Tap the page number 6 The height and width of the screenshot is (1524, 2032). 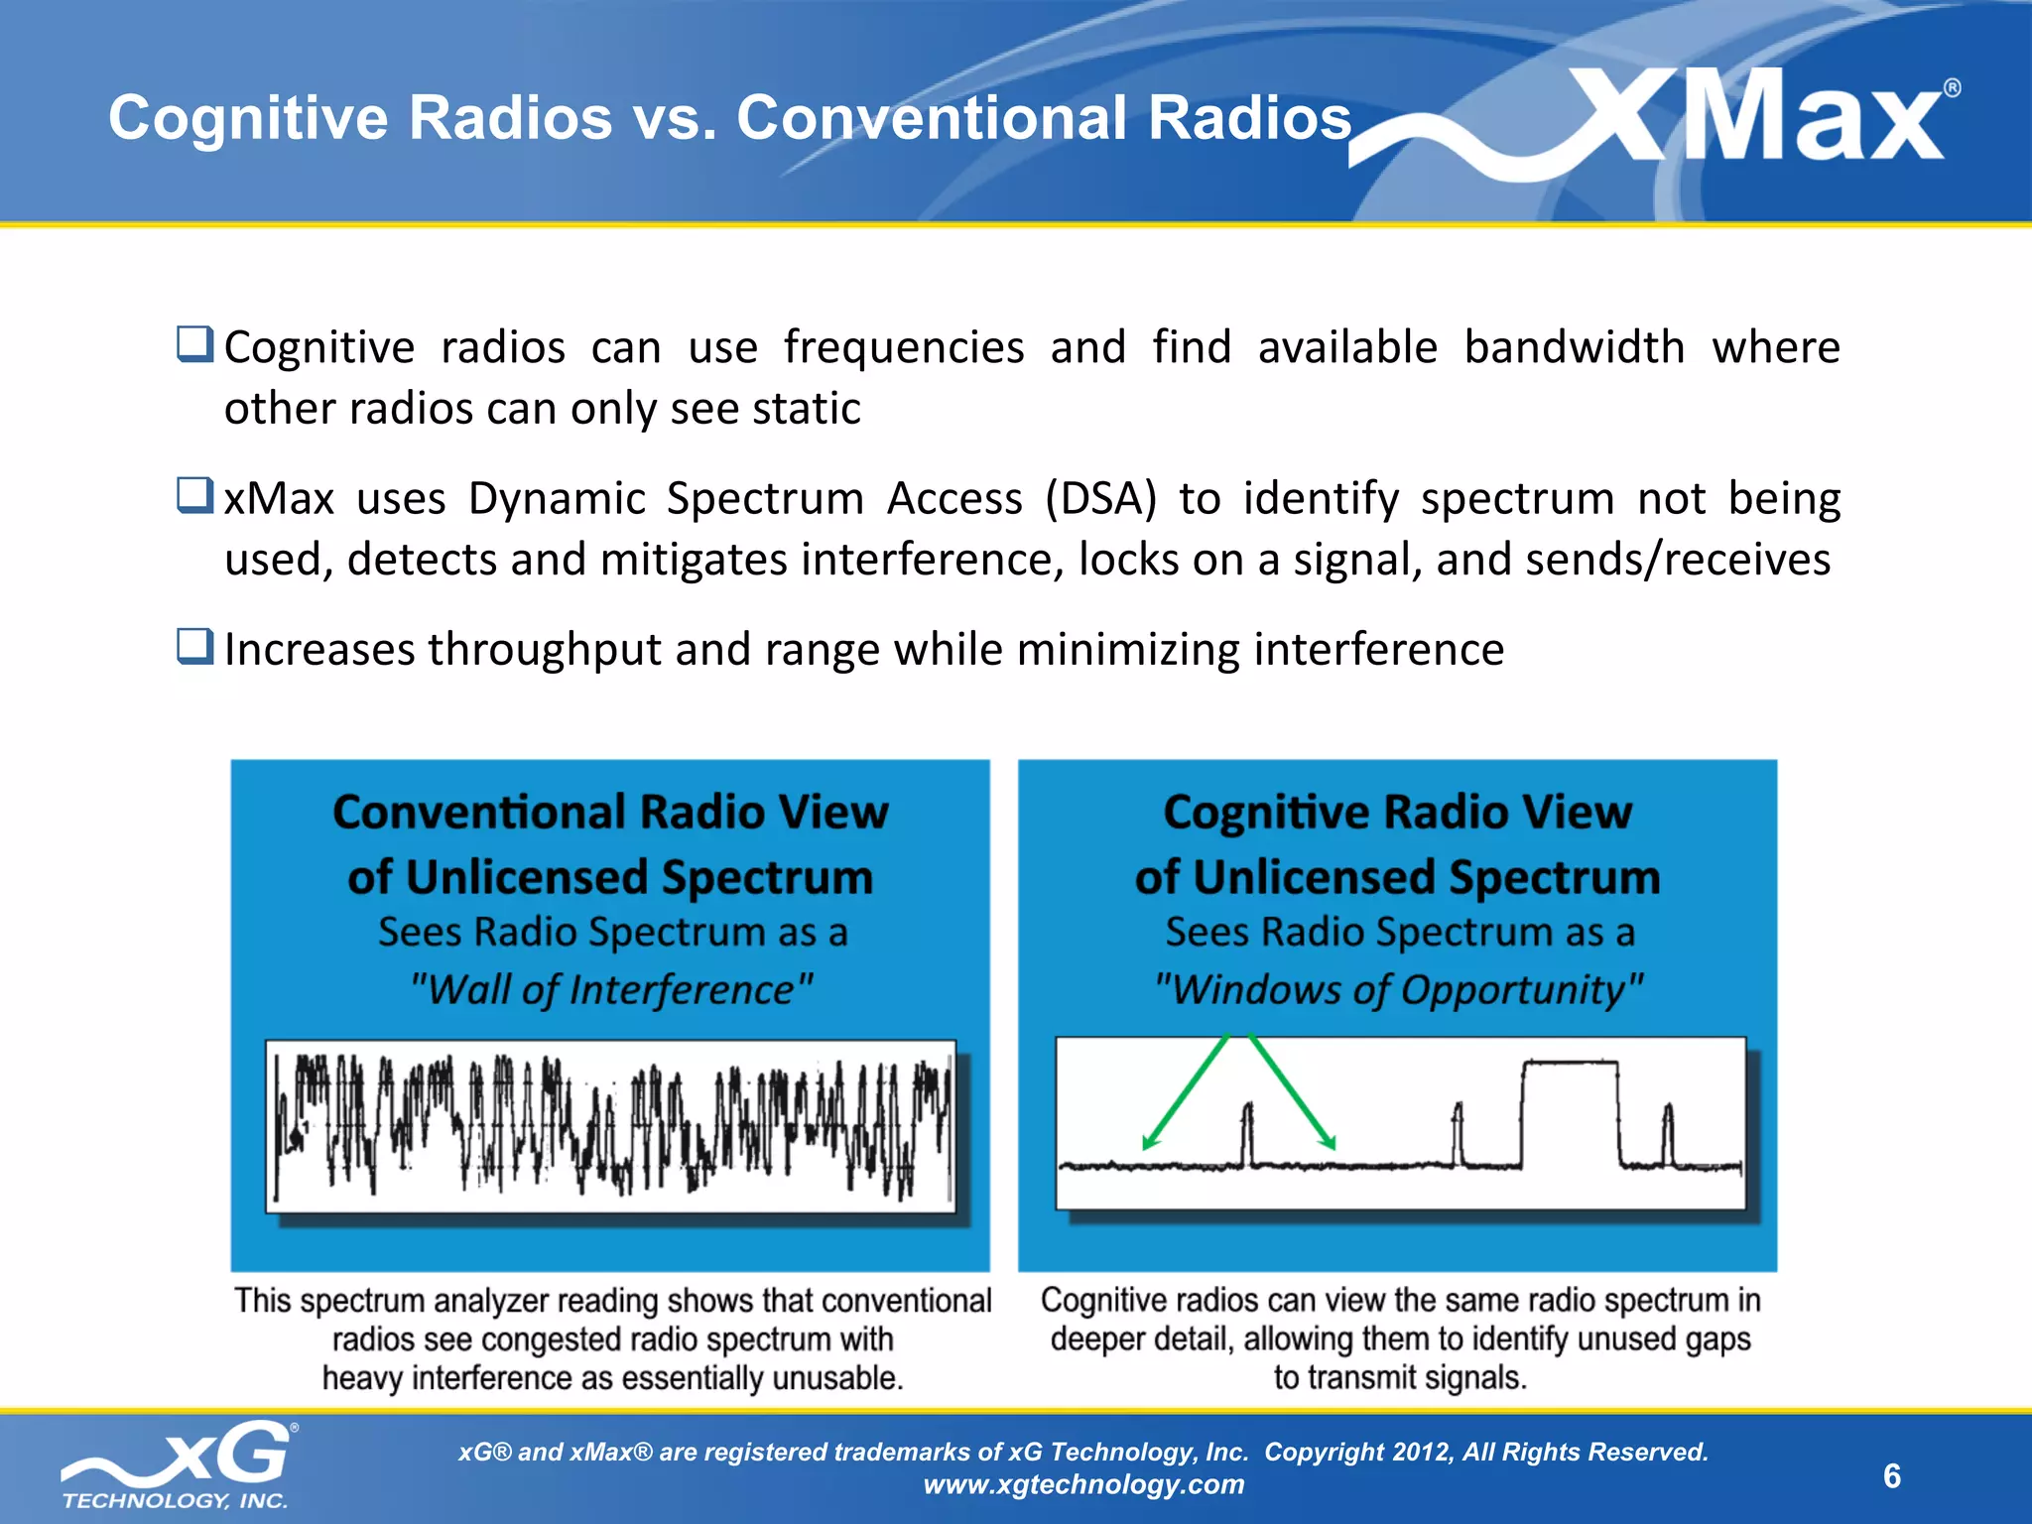point(1892,1476)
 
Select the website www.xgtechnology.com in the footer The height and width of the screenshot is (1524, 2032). point(1083,1484)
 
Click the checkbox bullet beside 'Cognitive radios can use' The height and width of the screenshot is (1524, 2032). point(194,344)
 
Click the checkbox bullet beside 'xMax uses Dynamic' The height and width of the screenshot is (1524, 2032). point(194,495)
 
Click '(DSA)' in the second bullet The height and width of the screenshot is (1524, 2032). point(1101,498)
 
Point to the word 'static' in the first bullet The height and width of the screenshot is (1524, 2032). point(807,409)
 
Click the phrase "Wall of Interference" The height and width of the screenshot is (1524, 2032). point(611,990)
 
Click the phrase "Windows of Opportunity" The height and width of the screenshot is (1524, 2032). point(1398,990)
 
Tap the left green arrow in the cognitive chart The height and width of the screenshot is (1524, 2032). point(1187,1091)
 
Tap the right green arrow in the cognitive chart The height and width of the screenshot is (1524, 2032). point(1293,1091)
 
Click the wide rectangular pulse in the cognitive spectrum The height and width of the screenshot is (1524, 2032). point(1570,1111)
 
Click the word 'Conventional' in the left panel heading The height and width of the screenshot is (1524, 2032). point(478,813)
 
